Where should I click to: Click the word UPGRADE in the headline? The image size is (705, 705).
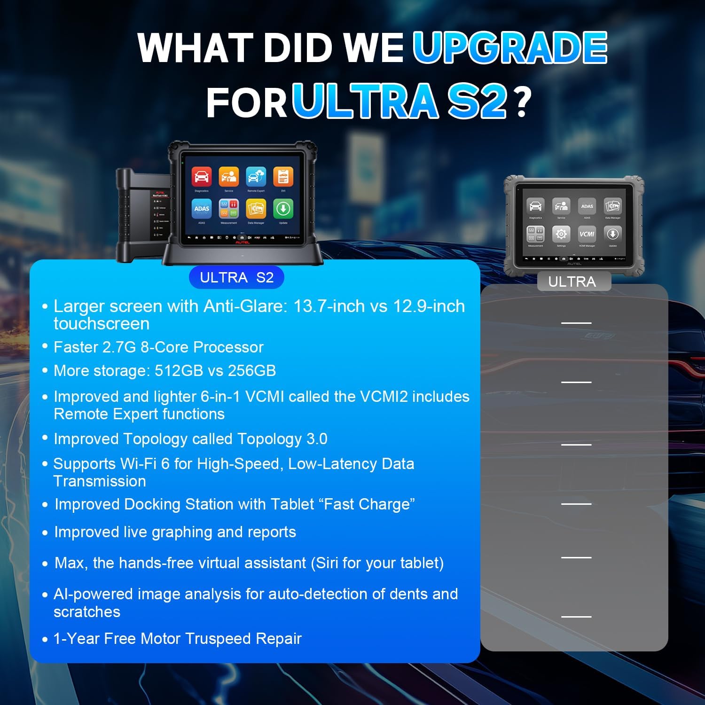[510, 48]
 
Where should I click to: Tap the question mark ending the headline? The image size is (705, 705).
[522, 102]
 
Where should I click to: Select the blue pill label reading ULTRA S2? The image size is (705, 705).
[236, 277]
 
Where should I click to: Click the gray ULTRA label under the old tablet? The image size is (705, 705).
[572, 282]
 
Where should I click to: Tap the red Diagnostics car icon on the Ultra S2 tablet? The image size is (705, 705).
[202, 177]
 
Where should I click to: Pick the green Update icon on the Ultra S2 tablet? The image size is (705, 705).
[283, 208]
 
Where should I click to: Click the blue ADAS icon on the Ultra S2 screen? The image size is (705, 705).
[202, 208]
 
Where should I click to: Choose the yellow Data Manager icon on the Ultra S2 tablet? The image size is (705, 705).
[256, 208]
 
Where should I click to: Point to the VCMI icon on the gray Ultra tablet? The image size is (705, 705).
[587, 234]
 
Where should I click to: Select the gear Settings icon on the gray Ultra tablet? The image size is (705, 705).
[561, 234]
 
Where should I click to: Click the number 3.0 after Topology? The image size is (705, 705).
[317, 439]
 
